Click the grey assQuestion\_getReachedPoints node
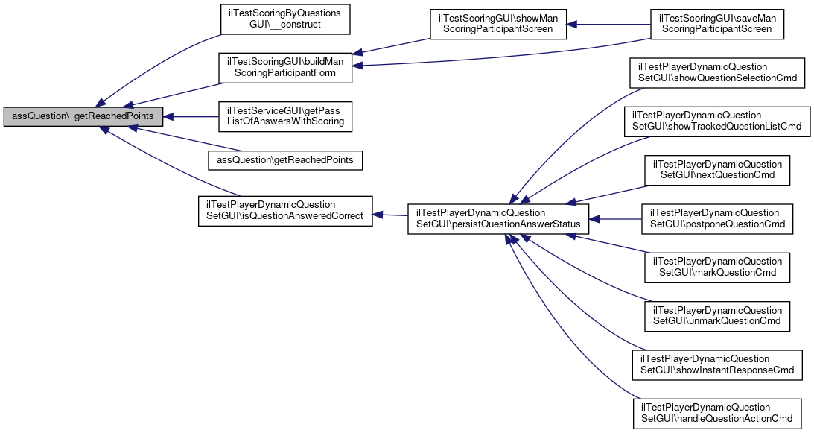tap(83, 117)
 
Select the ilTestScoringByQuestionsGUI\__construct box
tap(284, 19)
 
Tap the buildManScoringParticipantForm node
tap(284, 67)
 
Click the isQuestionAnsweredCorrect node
tap(284, 211)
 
